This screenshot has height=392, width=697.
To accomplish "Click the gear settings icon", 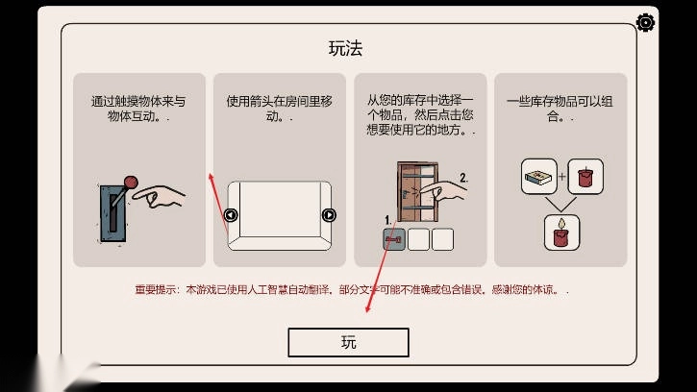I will click(646, 22).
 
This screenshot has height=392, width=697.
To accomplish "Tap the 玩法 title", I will click(347, 48).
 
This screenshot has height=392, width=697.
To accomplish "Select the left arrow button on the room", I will click(232, 214).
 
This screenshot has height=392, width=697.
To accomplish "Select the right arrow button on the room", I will click(329, 214).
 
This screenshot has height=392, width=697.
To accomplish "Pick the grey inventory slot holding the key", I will click(393, 238).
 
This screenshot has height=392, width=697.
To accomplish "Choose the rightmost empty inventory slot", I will click(442, 238).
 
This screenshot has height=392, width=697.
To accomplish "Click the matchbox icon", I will click(537, 177).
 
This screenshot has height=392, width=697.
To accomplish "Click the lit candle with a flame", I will click(560, 230).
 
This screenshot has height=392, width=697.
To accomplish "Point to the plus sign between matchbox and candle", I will click(561, 177).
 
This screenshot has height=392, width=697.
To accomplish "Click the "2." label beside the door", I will click(463, 177).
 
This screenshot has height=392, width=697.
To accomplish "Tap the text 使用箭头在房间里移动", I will click(278, 108).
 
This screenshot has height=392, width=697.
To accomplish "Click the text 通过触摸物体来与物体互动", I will click(138, 108).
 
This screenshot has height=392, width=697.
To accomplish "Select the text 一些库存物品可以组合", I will click(560, 108).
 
